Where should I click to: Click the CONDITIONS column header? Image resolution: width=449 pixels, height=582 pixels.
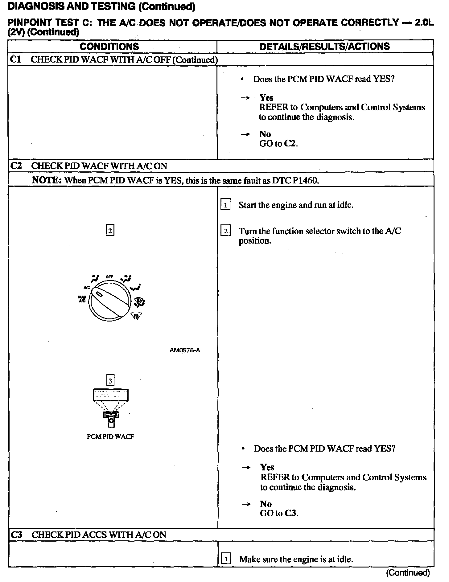click(x=109, y=47)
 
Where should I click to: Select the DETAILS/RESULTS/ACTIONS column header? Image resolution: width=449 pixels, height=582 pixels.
click(x=325, y=47)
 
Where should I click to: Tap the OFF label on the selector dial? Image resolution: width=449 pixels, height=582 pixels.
click(x=109, y=277)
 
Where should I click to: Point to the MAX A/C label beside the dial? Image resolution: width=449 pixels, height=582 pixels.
click(x=82, y=299)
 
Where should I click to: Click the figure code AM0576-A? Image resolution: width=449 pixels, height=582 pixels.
click(x=185, y=350)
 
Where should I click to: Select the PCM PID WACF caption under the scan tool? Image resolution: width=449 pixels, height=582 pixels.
click(x=110, y=436)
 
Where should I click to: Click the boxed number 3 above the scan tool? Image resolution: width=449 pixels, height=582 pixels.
click(x=110, y=381)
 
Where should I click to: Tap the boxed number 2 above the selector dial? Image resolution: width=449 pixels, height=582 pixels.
click(x=110, y=231)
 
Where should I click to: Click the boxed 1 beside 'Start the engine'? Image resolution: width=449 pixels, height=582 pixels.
click(x=225, y=205)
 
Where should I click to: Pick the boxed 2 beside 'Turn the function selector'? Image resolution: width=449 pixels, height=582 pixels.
click(x=225, y=231)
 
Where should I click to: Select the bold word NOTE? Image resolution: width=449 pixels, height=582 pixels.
click(x=47, y=180)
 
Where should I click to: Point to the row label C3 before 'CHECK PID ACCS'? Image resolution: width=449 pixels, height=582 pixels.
click(x=16, y=535)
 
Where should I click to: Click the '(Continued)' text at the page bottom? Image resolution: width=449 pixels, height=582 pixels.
click(x=408, y=573)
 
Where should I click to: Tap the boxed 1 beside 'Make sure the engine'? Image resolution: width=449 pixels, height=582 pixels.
click(x=226, y=559)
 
